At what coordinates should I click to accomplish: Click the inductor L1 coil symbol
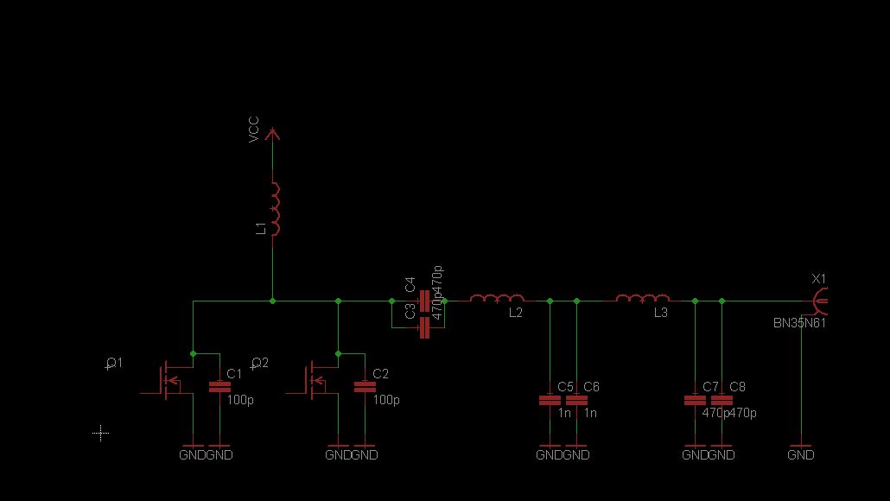(275, 209)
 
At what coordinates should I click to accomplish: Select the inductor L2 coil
(497, 299)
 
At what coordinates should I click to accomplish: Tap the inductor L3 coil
(642, 299)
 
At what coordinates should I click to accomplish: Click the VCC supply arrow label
(254, 130)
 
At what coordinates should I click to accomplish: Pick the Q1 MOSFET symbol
(164, 378)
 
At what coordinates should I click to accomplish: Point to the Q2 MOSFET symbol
(310, 378)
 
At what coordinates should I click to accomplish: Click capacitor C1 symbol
(220, 387)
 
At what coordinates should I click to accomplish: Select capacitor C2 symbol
(366, 387)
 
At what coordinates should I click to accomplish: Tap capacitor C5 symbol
(549, 400)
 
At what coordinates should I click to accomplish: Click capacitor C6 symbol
(576, 400)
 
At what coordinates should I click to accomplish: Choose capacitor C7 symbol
(694, 400)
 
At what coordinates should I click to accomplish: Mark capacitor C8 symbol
(722, 400)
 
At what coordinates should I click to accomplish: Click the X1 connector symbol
(819, 301)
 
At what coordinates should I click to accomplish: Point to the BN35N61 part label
(799, 323)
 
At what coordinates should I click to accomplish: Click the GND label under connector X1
(801, 454)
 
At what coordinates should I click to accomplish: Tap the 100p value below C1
(240, 401)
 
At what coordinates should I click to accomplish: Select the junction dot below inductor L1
(273, 301)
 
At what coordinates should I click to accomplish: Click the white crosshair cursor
(101, 433)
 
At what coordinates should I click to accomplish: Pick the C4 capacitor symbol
(424, 301)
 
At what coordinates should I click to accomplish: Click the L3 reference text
(660, 313)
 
